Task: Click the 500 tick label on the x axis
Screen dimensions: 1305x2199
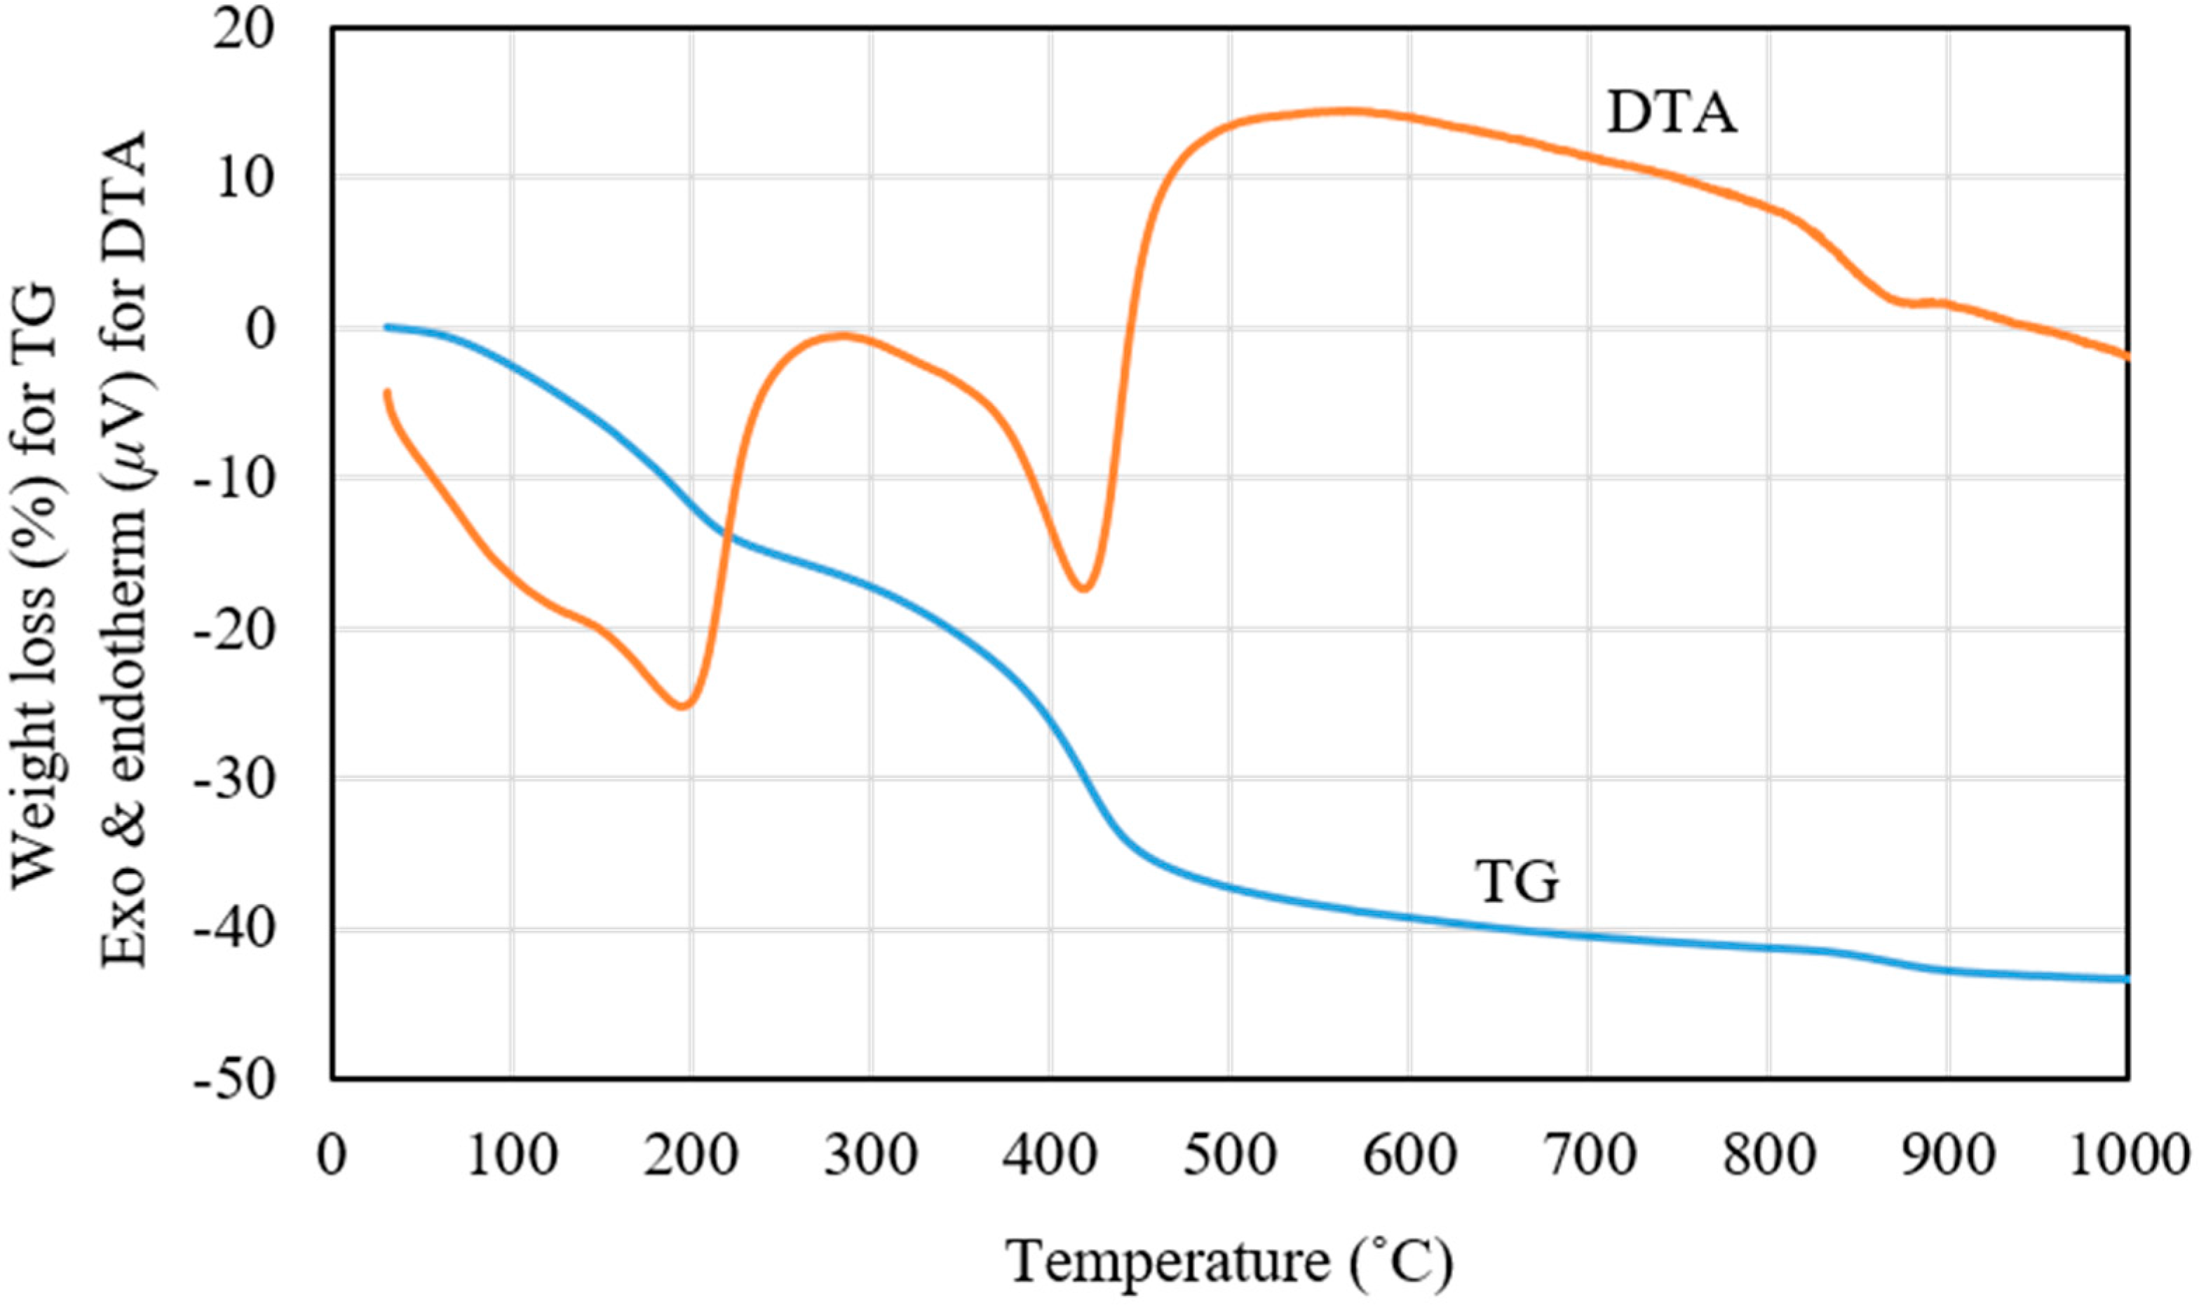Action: [x=1230, y=1158]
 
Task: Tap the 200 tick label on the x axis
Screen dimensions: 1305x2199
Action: [x=691, y=1158]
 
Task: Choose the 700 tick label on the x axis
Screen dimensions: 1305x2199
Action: [x=1588, y=1158]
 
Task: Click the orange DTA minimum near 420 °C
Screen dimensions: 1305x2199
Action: [x=1083, y=588]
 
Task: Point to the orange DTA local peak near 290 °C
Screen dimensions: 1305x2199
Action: [x=844, y=334]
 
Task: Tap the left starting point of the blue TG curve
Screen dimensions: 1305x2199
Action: [x=387, y=327]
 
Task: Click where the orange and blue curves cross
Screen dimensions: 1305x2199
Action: [x=726, y=532]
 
